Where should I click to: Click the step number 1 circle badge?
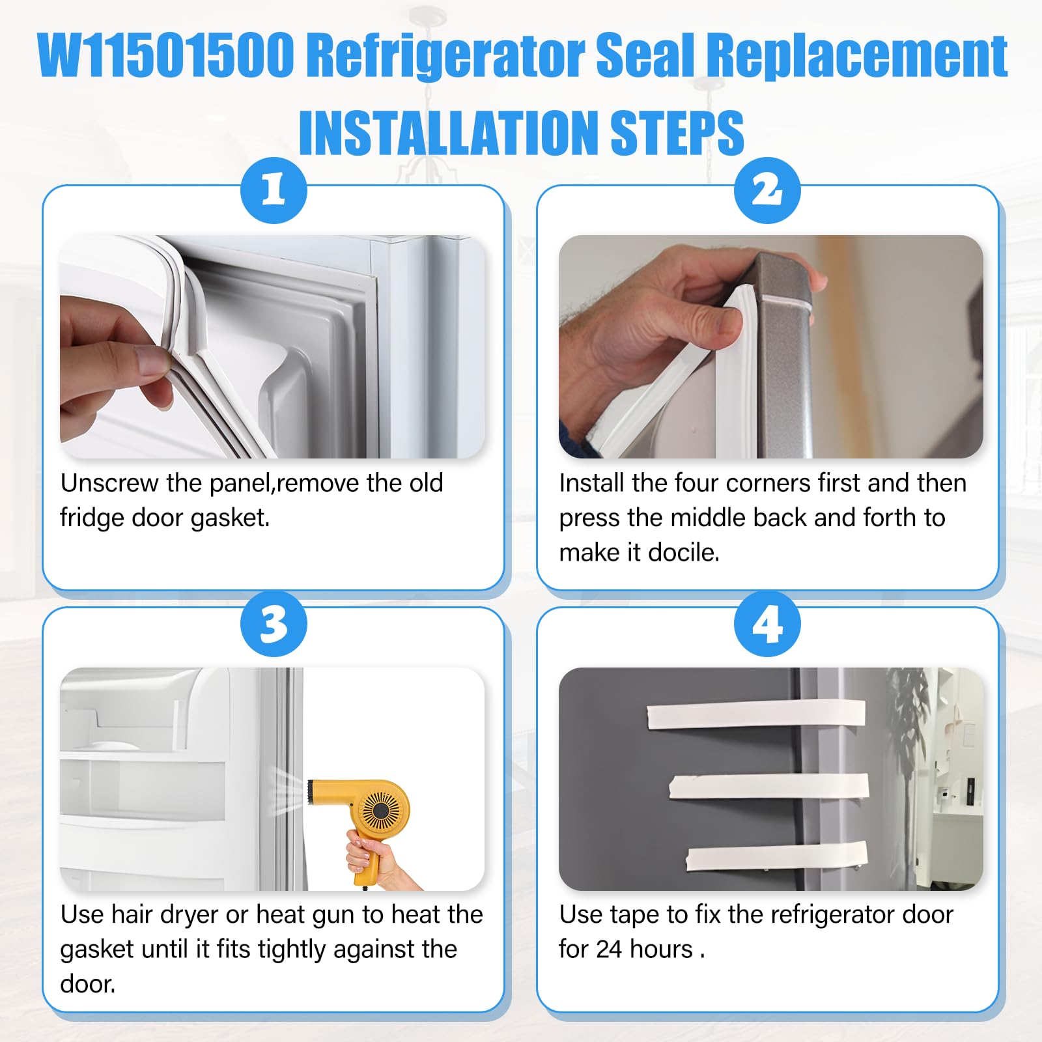tap(274, 190)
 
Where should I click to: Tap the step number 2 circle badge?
tap(767, 190)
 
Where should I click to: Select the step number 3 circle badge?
tap(274, 624)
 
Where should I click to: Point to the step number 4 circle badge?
tap(767, 624)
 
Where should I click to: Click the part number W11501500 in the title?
tap(167, 56)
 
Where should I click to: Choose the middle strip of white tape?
tap(769, 787)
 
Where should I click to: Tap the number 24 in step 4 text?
tap(609, 950)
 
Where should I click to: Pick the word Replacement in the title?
tap(857, 56)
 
